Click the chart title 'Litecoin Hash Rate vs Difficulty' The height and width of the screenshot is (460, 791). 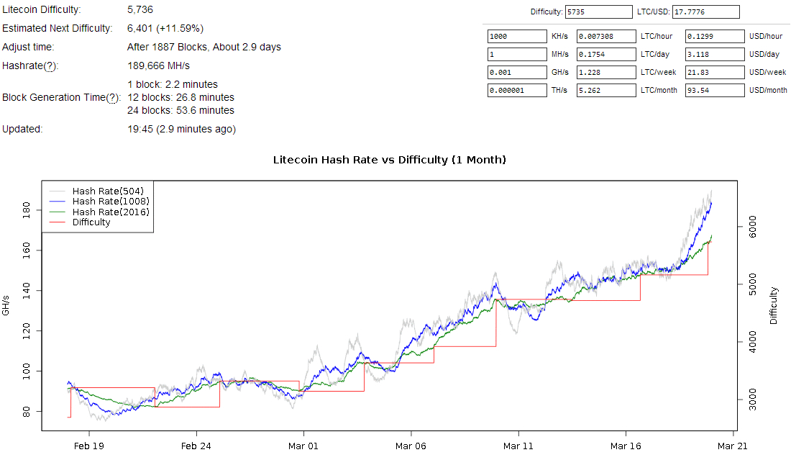click(389, 159)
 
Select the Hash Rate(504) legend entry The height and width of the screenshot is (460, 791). click(108, 191)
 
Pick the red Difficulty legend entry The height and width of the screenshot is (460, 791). click(91, 222)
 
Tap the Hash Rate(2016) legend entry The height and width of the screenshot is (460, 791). click(111, 212)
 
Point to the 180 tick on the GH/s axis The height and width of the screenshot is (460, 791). click(27, 210)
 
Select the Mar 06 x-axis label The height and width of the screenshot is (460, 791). click(411, 446)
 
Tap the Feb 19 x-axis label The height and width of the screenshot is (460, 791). click(89, 446)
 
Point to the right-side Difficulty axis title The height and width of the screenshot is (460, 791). click(774, 305)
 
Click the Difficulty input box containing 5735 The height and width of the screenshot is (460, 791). click(598, 12)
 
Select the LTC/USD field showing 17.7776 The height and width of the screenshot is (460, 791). click(705, 12)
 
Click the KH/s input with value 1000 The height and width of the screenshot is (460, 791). click(517, 36)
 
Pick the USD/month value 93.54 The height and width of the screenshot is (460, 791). click(715, 90)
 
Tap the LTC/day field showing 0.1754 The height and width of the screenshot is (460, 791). click(607, 54)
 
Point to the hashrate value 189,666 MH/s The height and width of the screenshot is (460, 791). click(158, 66)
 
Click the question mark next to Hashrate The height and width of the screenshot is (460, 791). click(50, 66)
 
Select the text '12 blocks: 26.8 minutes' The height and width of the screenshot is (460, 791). click(180, 97)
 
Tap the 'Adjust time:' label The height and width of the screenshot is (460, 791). click(28, 47)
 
